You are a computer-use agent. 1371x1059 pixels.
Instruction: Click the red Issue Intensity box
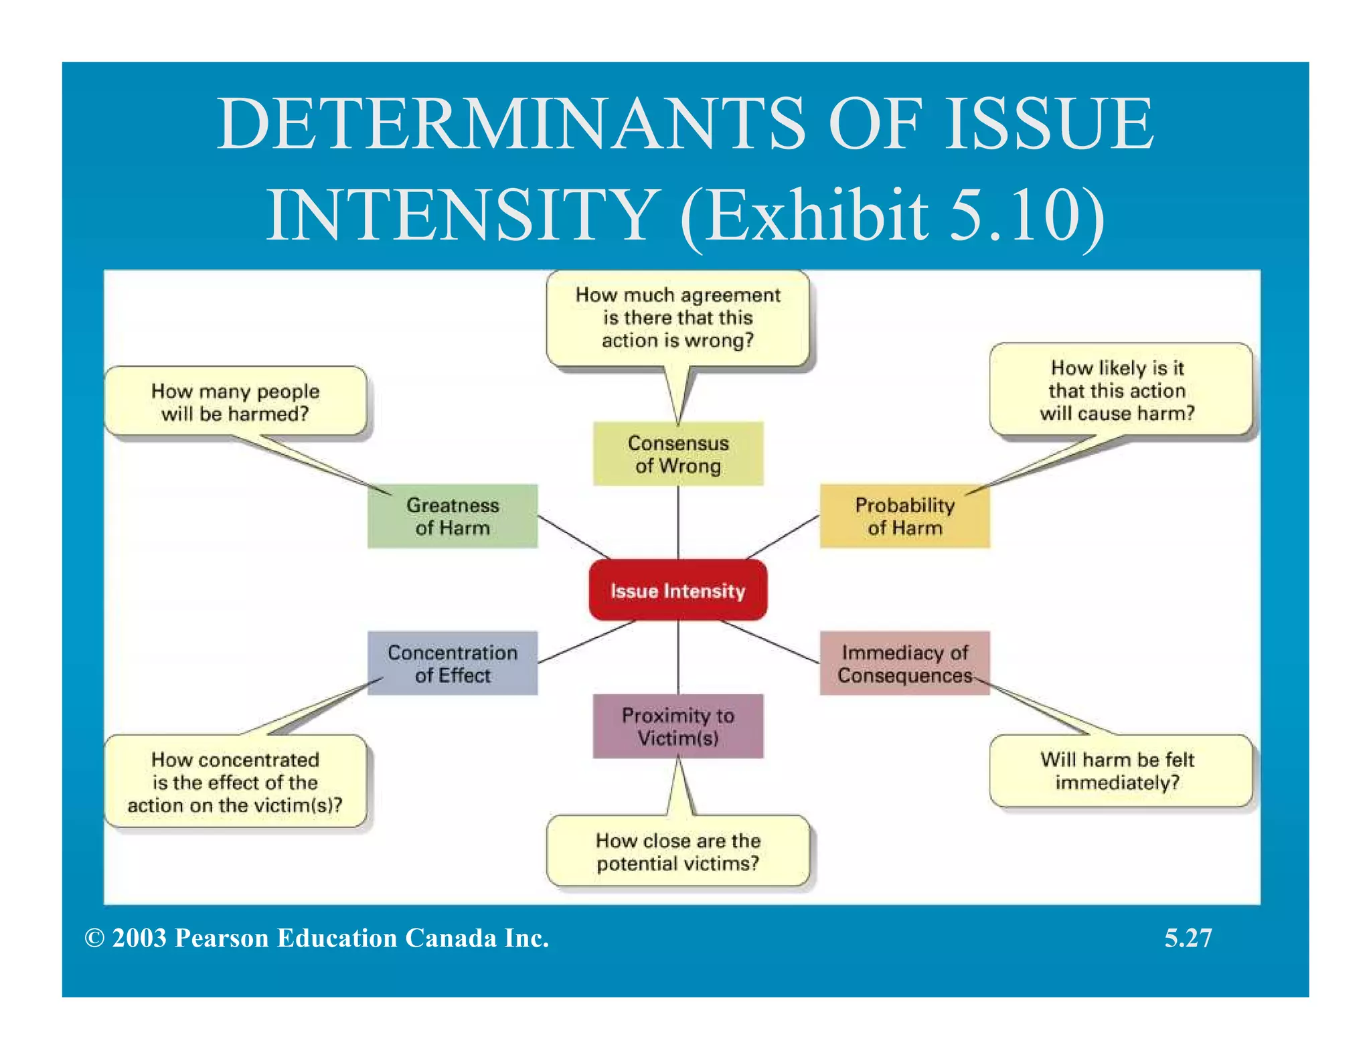click(677, 590)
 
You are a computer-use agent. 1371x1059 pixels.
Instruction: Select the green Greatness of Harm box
click(453, 516)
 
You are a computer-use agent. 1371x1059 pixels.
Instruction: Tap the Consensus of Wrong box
click(677, 454)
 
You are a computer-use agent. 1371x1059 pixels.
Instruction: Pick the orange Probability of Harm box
click(904, 516)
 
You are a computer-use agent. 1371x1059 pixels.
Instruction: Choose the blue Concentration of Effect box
click(453, 663)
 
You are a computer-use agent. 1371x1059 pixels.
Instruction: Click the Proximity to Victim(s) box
click(677, 726)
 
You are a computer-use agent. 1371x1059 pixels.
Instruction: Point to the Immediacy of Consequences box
click(904, 663)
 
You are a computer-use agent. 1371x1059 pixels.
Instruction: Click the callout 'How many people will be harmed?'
click(235, 402)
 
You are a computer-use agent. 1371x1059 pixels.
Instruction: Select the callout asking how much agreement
click(677, 318)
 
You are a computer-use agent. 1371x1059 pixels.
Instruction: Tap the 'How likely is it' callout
click(1120, 390)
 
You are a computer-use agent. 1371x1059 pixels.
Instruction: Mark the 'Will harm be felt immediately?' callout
click(1120, 770)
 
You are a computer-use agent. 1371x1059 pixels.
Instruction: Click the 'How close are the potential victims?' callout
click(677, 851)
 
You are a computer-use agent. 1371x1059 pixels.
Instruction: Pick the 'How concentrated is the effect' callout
click(235, 782)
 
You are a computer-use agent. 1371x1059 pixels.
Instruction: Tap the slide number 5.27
click(1188, 938)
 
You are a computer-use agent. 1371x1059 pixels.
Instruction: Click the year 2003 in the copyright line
click(139, 938)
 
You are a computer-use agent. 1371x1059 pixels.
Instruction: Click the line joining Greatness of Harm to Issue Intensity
click(574, 537)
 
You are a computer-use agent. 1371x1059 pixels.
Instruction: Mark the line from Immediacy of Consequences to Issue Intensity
click(770, 642)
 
